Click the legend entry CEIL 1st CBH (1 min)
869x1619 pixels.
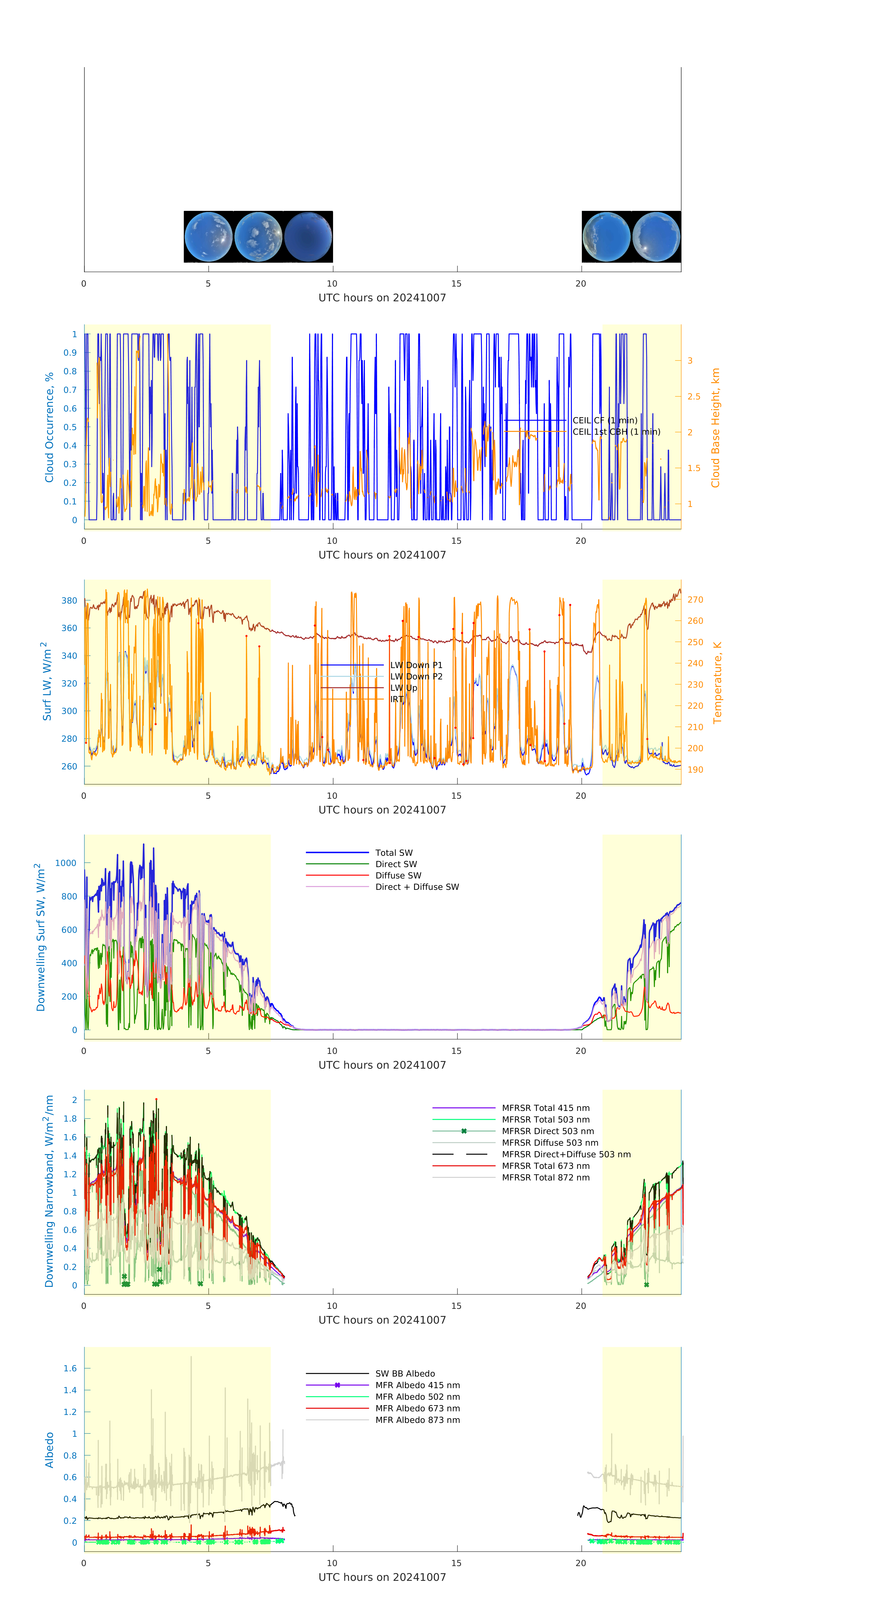(x=616, y=432)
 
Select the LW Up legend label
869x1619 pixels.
(x=403, y=688)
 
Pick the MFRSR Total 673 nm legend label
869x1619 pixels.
(x=545, y=1166)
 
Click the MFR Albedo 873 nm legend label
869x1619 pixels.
(x=417, y=1420)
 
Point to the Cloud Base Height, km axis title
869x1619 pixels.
(x=715, y=427)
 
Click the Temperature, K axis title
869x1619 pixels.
(x=717, y=683)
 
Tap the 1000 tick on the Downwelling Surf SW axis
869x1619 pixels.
(x=65, y=863)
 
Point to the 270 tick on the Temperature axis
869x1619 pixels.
(x=695, y=600)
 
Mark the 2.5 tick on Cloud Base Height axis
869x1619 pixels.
(x=694, y=397)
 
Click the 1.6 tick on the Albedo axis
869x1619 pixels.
(x=70, y=1368)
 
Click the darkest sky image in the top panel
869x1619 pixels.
(x=308, y=237)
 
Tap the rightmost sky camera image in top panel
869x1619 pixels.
(x=656, y=237)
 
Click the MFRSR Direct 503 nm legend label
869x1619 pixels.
(x=547, y=1131)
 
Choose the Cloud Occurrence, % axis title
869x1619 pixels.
(x=49, y=427)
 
